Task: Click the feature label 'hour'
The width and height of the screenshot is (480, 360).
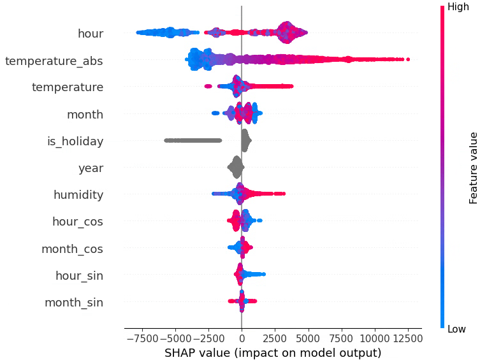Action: click(90, 33)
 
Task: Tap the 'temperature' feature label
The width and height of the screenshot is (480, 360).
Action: click(67, 87)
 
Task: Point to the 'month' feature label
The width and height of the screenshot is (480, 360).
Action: click(85, 115)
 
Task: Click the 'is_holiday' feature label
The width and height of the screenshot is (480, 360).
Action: click(75, 141)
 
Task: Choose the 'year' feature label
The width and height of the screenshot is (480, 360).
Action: click(91, 168)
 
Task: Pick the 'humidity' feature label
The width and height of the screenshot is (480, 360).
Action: click(78, 195)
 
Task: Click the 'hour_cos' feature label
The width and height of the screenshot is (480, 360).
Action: click(77, 222)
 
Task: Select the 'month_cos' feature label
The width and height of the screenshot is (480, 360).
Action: click(72, 249)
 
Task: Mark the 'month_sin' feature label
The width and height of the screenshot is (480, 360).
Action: click(73, 303)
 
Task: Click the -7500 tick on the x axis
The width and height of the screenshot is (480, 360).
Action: click(142, 336)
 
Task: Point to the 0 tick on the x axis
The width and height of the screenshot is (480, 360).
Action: click(242, 336)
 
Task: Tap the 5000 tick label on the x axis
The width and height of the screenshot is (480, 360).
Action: click(309, 336)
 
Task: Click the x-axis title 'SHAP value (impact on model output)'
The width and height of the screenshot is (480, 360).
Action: click(273, 352)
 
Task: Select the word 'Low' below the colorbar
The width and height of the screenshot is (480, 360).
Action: click(456, 329)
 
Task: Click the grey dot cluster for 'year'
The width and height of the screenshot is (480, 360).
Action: click(236, 168)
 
